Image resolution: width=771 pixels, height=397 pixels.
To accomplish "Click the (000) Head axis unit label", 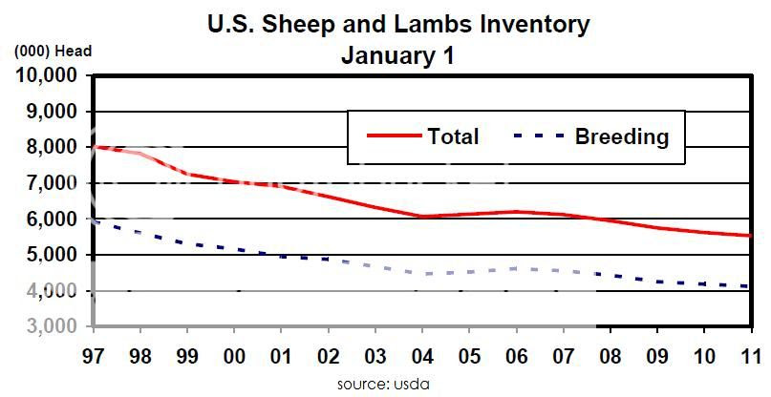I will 52,52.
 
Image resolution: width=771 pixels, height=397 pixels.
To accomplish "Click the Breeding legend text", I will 621,136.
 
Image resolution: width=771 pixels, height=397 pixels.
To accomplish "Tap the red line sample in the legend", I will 394,136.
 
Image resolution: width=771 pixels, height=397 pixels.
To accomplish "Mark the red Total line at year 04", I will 422,216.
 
